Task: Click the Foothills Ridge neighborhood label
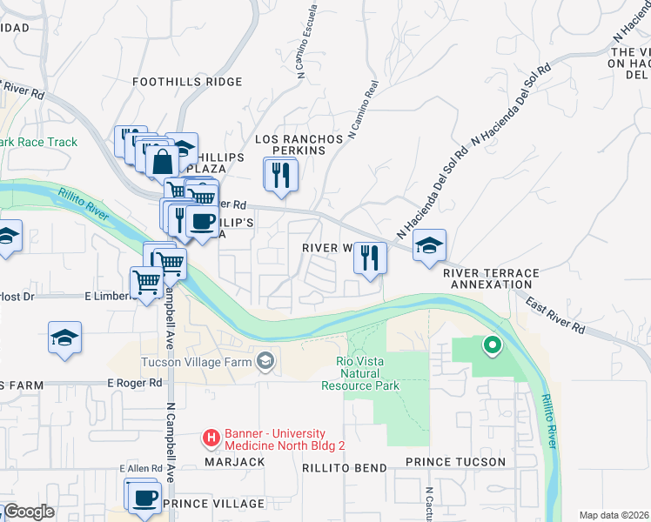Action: point(187,82)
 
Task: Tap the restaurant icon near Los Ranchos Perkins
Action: point(281,174)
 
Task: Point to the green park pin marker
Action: point(492,346)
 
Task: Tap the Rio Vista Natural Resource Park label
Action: point(360,373)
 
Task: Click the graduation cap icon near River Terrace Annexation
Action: point(429,247)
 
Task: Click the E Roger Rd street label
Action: point(135,382)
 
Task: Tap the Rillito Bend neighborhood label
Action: point(344,467)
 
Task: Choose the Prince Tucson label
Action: point(456,461)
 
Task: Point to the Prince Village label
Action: point(213,504)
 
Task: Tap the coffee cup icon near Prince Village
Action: point(145,499)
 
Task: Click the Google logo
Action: point(28,512)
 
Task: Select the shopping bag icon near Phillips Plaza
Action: point(163,161)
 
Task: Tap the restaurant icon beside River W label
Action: point(370,258)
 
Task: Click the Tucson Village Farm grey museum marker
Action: point(264,360)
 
